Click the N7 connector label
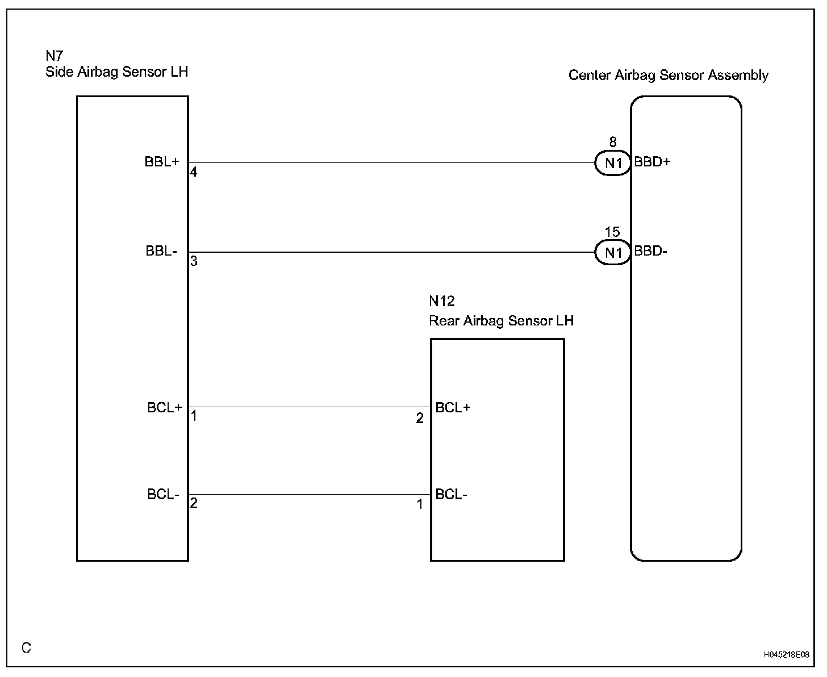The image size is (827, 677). point(54,56)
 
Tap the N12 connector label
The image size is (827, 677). point(442,301)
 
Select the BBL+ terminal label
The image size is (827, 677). point(162,162)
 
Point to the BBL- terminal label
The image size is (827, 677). point(162,252)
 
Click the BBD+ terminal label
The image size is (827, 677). point(652,162)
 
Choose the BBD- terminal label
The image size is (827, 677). point(650,252)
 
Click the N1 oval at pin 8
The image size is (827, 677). point(613,164)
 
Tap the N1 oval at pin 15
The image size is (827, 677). point(613,253)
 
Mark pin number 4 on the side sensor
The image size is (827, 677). point(194,172)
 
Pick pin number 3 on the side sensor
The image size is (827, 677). point(194,262)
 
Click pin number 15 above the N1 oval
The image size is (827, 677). point(612,232)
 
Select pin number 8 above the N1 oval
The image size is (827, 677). point(612,142)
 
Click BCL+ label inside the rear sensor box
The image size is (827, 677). point(453,408)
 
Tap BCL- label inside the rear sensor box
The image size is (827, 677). point(451,495)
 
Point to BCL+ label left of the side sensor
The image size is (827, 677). point(165,408)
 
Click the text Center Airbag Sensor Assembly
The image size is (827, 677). point(668,76)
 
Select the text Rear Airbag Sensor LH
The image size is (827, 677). point(501,321)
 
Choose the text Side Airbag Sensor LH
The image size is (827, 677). point(116,72)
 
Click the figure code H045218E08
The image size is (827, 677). point(786,655)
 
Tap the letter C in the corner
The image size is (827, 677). point(27,647)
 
